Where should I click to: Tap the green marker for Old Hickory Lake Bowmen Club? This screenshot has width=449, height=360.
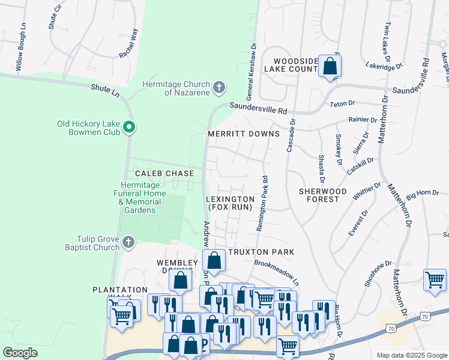coord(128,127)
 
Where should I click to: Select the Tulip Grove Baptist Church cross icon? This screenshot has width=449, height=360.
coord(128,243)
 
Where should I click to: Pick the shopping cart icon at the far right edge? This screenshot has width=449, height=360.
coord(435,280)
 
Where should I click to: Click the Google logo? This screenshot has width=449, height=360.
coord(20,353)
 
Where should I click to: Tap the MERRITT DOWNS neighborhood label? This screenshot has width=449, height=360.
coord(243,134)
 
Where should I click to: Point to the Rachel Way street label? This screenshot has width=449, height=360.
coord(128,43)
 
